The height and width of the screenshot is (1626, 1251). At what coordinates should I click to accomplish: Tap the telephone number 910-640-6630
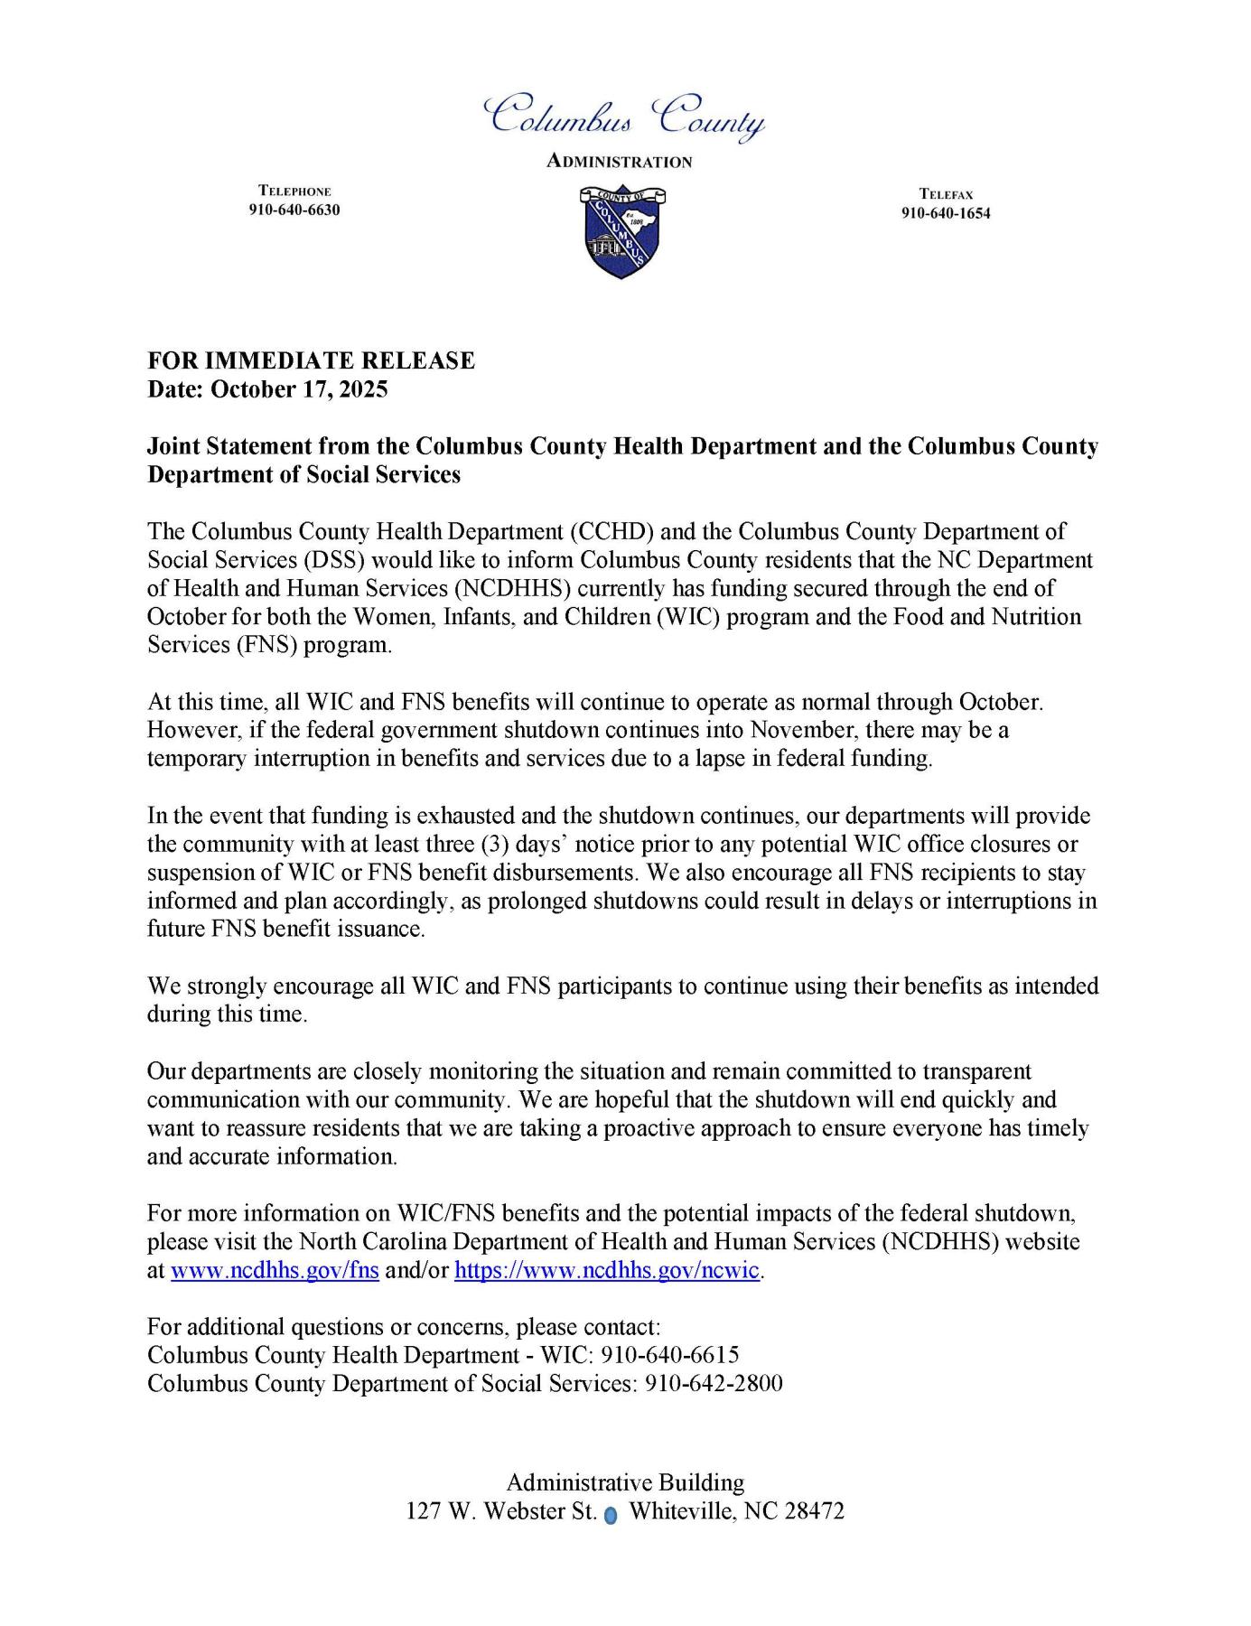tap(294, 210)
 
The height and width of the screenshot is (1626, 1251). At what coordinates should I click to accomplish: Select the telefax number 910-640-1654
tap(946, 213)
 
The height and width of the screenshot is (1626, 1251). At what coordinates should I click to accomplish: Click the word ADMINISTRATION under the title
tap(620, 163)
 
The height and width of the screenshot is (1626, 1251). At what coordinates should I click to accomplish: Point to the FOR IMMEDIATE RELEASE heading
tap(312, 360)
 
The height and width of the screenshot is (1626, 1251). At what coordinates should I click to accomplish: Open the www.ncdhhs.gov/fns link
tap(275, 1271)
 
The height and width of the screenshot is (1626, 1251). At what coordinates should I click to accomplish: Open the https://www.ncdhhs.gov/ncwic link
tap(606, 1271)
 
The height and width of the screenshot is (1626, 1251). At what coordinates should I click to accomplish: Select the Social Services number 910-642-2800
tap(713, 1384)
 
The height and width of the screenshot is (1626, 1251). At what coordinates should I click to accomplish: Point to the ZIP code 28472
tap(814, 1511)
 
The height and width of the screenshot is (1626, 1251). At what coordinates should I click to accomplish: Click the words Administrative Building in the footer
tap(625, 1482)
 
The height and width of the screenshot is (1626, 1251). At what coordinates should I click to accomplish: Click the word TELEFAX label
tap(946, 194)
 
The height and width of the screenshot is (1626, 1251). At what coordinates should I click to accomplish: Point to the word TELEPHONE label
tap(294, 192)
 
